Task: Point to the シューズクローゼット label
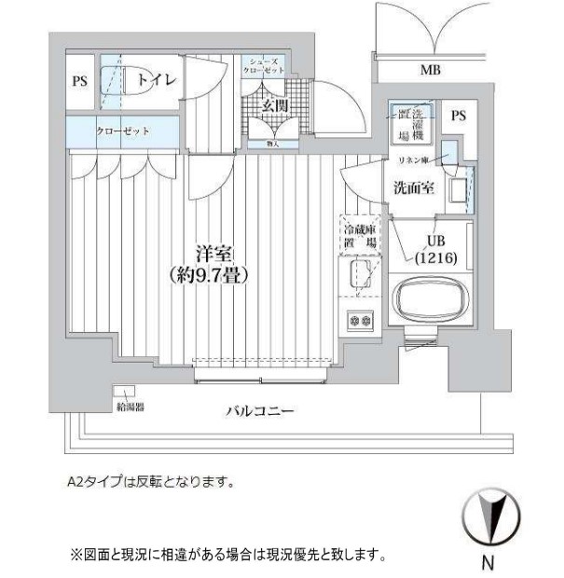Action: [264, 65]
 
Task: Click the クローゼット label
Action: [123, 131]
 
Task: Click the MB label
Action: [430, 69]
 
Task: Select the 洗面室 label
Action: [412, 186]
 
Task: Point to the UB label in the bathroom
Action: [435, 241]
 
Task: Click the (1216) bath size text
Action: [435, 257]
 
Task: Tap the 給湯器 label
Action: [131, 406]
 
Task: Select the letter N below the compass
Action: [487, 563]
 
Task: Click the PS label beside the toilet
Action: [79, 81]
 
